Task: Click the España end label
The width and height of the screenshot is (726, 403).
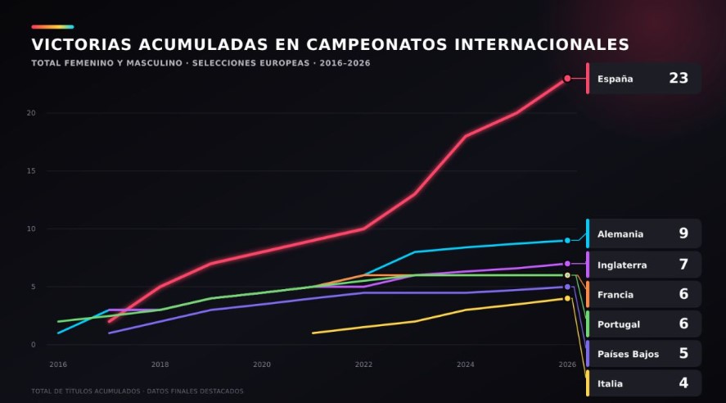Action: [x=615, y=79]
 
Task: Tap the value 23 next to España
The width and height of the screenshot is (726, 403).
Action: [x=679, y=78]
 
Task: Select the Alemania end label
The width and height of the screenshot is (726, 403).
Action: [x=620, y=234]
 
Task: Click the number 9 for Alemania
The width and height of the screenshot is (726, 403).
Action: [x=683, y=233]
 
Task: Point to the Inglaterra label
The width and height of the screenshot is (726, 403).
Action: [x=622, y=265]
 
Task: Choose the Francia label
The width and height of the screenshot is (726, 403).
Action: [x=616, y=295]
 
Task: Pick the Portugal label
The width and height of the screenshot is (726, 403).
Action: [x=619, y=324]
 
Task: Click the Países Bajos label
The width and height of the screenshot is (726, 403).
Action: [x=628, y=354]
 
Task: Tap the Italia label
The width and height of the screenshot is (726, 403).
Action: [x=610, y=383]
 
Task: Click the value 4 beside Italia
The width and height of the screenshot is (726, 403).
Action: [x=683, y=383]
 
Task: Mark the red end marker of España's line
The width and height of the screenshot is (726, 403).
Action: [x=567, y=79]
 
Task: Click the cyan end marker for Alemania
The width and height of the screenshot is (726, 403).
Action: [x=567, y=241]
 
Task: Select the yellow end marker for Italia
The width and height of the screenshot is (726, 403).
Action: [x=567, y=298]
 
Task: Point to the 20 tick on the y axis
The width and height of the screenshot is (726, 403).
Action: [x=31, y=113]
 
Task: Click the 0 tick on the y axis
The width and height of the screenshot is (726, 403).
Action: [x=34, y=345]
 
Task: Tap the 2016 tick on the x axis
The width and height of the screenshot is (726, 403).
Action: [x=58, y=365]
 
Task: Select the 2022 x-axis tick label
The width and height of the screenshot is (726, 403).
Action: [x=363, y=365]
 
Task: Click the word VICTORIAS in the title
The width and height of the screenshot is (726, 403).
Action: [x=82, y=44]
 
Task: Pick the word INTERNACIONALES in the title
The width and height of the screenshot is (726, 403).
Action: [x=542, y=44]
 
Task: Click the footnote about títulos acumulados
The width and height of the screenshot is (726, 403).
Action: [x=137, y=391]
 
